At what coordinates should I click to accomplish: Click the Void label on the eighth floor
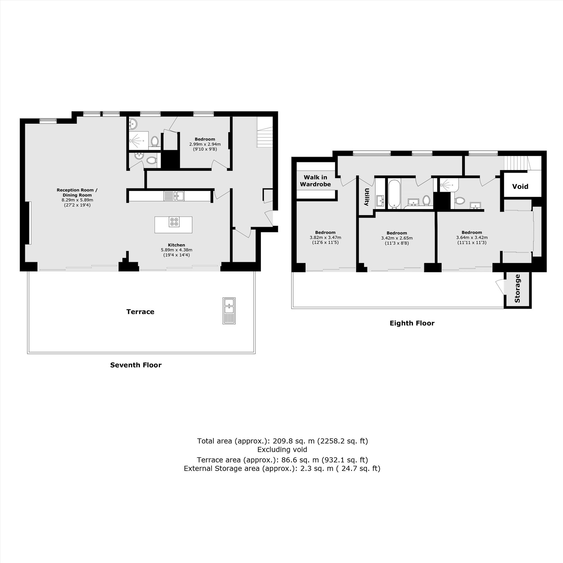(x=520, y=187)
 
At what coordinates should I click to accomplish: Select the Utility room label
(x=366, y=197)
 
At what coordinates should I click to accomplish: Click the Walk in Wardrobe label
(x=315, y=181)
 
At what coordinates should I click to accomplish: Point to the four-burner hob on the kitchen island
(x=174, y=222)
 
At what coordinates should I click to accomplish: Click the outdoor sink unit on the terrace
(x=229, y=311)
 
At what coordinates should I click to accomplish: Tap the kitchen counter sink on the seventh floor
(x=174, y=196)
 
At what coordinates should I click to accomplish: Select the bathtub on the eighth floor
(x=395, y=194)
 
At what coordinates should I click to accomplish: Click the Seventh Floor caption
(x=136, y=365)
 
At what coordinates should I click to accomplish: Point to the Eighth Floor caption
(x=412, y=323)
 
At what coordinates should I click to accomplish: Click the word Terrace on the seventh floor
(x=140, y=312)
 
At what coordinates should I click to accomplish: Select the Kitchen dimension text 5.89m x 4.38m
(x=177, y=250)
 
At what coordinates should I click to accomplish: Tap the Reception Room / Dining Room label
(x=77, y=193)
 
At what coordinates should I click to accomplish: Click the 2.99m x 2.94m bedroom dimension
(x=205, y=144)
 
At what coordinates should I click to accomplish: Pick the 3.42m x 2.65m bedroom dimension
(x=397, y=238)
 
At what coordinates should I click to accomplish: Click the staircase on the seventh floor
(x=265, y=132)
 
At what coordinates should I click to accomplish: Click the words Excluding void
(x=282, y=450)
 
